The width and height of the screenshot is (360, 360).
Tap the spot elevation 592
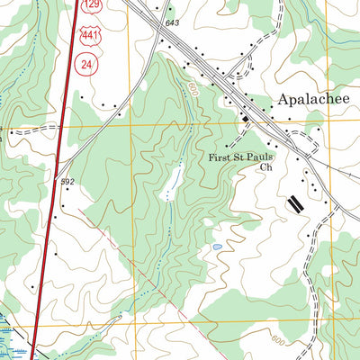click(67, 182)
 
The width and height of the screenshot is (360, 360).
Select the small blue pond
click(216, 245)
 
